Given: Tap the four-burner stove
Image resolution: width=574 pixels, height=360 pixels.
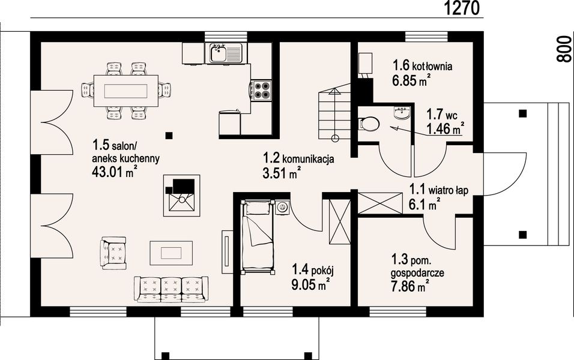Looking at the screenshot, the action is click(x=262, y=90).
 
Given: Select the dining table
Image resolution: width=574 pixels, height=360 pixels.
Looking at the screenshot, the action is click(x=126, y=91).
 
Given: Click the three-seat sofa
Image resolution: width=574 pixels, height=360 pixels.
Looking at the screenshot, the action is click(x=171, y=289).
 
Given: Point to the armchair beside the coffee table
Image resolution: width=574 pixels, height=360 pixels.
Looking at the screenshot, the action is click(x=114, y=253).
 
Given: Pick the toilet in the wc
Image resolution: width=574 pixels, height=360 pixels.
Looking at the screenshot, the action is click(x=368, y=124).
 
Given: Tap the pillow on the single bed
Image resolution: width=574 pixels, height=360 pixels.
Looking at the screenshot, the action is click(x=257, y=208).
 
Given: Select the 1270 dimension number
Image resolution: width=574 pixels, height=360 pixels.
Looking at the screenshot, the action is click(x=462, y=8).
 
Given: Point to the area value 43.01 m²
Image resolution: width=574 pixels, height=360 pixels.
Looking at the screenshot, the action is click(x=115, y=172).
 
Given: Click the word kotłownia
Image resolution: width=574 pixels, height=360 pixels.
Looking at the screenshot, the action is click(x=432, y=67).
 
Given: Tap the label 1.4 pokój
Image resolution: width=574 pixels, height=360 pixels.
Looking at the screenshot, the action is click(x=312, y=271).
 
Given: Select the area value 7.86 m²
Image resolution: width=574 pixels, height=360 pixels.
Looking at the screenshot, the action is click(x=410, y=286).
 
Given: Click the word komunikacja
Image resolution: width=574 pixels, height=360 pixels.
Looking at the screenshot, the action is click(x=308, y=159).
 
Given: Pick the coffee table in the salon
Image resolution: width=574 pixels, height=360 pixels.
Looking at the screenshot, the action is click(x=171, y=253).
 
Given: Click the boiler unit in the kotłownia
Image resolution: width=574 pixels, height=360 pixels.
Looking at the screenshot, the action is click(x=365, y=65).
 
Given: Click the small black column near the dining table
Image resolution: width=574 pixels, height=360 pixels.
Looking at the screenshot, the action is click(x=168, y=136).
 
